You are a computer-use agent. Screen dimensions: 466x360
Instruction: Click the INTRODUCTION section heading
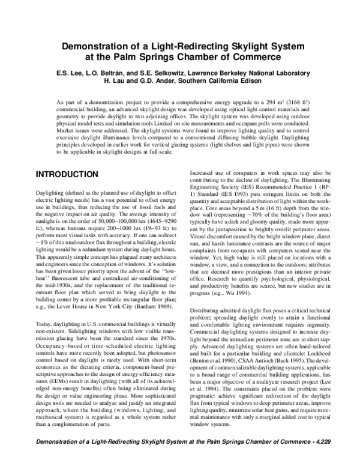pyautogui.click(x=67, y=175)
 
